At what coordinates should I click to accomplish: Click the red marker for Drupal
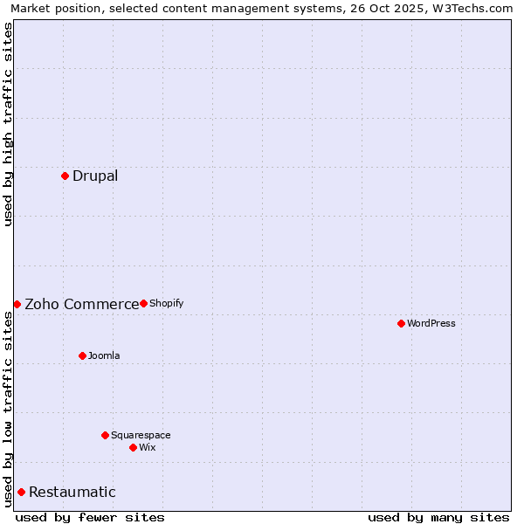click(65, 176)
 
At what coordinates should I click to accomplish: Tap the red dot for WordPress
click(401, 323)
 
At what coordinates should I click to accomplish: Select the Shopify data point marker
click(143, 303)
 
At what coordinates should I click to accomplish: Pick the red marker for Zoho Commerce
click(17, 304)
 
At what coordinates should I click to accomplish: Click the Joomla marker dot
click(82, 355)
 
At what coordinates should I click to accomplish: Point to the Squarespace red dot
click(105, 435)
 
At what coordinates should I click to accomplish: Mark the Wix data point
click(133, 447)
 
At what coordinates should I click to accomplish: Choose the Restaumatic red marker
click(21, 492)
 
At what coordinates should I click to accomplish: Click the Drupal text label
click(95, 176)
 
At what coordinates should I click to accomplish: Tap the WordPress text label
click(431, 323)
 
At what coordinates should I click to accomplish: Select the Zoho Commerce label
click(81, 305)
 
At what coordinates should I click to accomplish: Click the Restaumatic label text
click(72, 493)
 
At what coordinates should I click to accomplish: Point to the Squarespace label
click(141, 435)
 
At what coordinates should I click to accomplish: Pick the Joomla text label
click(104, 355)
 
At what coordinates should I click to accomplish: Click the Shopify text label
click(166, 303)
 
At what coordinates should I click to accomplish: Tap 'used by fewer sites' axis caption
click(90, 517)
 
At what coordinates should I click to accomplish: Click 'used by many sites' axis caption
click(438, 517)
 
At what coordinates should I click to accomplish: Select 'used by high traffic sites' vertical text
click(9, 124)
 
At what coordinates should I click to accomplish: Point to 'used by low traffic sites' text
click(9, 409)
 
